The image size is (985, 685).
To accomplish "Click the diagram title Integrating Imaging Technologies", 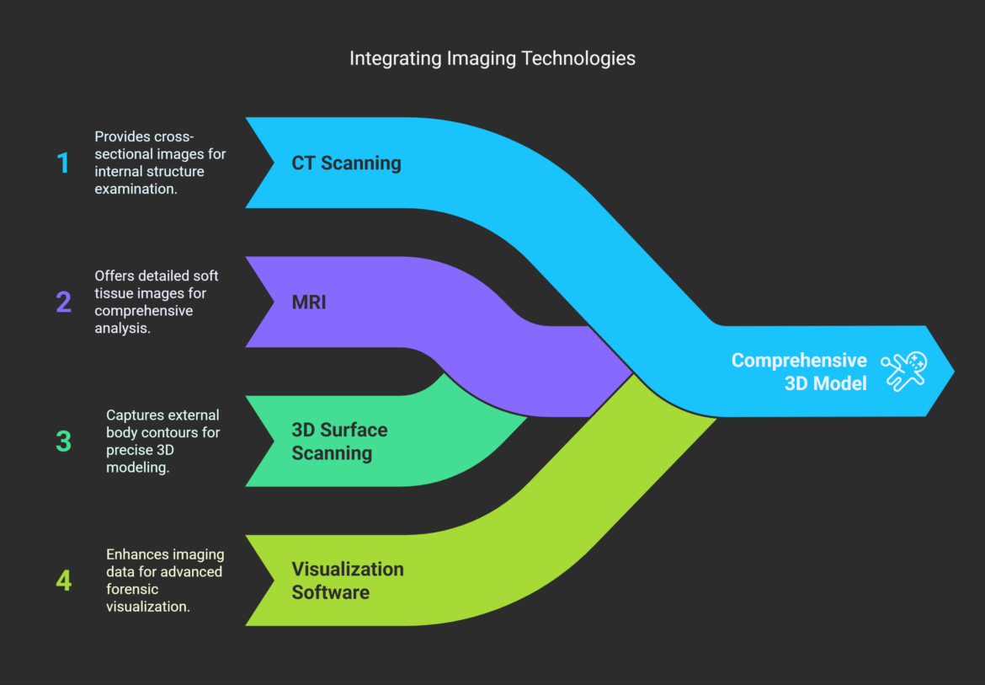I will (x=492, y=58).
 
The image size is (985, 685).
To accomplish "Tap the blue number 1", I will (x=63, y=163).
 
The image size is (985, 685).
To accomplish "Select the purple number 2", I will (x=64, y=302).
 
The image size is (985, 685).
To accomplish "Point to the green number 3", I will (x=64, y=441).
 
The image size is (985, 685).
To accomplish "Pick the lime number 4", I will (x=64, y=581).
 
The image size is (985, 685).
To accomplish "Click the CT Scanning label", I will (x=346, y=163).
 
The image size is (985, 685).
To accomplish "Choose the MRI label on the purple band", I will (x=308, y=302).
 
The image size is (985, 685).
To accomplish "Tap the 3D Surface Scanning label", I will (x=339, y=441).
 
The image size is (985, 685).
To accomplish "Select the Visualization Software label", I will (x=347, y=581).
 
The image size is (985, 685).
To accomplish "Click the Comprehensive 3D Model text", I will (x=798, y=372).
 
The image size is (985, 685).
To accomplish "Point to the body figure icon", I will (x=903, y=372).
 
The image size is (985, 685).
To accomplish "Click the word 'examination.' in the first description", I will (x=135, y=189).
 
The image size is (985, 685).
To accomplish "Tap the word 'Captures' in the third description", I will (x=133, y=415).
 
